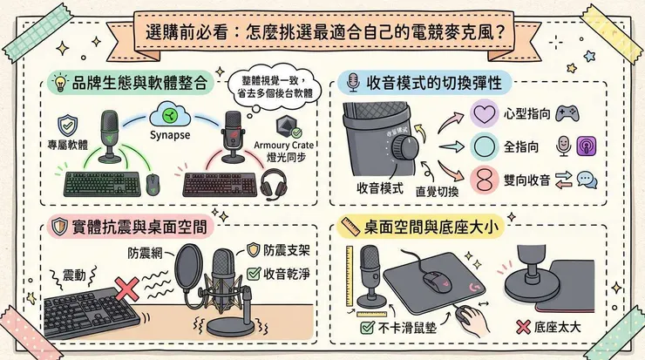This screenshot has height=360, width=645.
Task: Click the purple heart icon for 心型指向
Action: [482, 113]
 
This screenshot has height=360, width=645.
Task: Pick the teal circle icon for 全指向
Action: [482, 146]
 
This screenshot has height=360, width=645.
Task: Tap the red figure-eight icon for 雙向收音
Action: [482, 180]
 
